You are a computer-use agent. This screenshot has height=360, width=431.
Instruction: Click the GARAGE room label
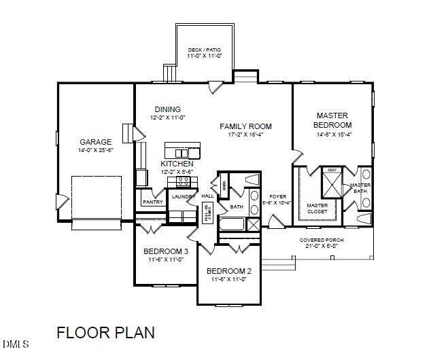click(x=95, y=142)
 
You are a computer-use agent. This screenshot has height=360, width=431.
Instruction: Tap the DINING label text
click(x=167, y=109)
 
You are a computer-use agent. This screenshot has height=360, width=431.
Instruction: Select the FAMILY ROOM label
click(x=245, y=126)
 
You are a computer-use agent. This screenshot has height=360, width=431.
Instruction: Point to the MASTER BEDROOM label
click(x=332, y=120)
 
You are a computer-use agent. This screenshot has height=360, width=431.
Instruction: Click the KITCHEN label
click(x=177, y=164)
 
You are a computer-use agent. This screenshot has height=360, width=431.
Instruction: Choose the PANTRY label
click(x=153, y=202)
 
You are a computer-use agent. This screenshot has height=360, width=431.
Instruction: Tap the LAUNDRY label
click(x=183, y=197)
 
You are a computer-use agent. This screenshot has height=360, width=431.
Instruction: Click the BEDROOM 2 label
click(x=229, y=271)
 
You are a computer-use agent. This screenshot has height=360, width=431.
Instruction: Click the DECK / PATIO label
click(x=205, y=50)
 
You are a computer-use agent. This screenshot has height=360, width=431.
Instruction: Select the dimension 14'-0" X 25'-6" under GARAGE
click(x=95, y=150)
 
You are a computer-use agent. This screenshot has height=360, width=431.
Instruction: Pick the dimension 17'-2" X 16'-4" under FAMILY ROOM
click(x=245, y=134)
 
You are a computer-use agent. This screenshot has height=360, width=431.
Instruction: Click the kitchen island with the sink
click(x=182, y=150)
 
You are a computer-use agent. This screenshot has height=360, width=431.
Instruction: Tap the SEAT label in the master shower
click(x=332, y=170)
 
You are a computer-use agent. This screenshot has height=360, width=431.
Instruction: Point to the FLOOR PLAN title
click(x=105, y=333)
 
